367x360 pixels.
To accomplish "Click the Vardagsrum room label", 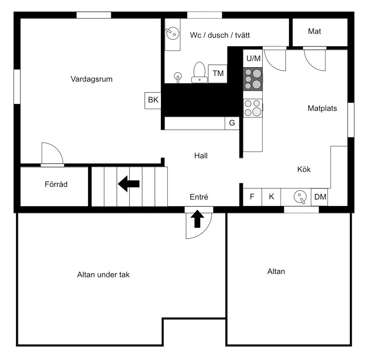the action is pyautogui.click(x=91, y=79).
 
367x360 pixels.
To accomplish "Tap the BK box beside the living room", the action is pyautogui.click(x=153, y=101).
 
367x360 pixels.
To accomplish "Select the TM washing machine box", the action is pyautogui.click(x=218, y=74).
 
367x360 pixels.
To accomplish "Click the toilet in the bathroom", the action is pyautogui.click(x=199, y=72).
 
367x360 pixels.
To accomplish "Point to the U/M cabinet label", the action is pyautogui.click(x=253, y=58).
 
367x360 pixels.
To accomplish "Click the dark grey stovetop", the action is pyautogui.click(x=253, y=79).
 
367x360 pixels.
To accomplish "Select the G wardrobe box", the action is pyautogui.click(x=232, y=123).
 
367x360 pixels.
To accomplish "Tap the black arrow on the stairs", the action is pyautogui.click(x=129, y=184).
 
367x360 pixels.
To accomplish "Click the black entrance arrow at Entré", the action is pyautogui.click(x=197, y=219).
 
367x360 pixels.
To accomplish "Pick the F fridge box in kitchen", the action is pyautogui.click(x=252, y=197).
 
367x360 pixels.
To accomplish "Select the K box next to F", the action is pyautogui.click(x=271, y=197).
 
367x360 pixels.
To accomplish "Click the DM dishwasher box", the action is pyautogui.click(x=319, y=197).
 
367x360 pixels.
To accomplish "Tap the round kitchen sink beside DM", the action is pyautogui.click(x=300, y=197).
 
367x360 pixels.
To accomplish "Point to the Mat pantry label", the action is pyautogui.click(x=314, y=32).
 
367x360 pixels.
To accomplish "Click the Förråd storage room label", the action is pyautogui.click(x=56, y=184).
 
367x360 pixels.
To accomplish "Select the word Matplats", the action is pyautogui.click(x=322, y=108).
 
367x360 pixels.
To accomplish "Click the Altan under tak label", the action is pyautogui.click(x=103, y=275).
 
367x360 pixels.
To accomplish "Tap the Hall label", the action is pyautogui.click(x=201, y=156).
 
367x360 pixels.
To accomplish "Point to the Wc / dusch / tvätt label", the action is pyautogui.click(x=220, y=35).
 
